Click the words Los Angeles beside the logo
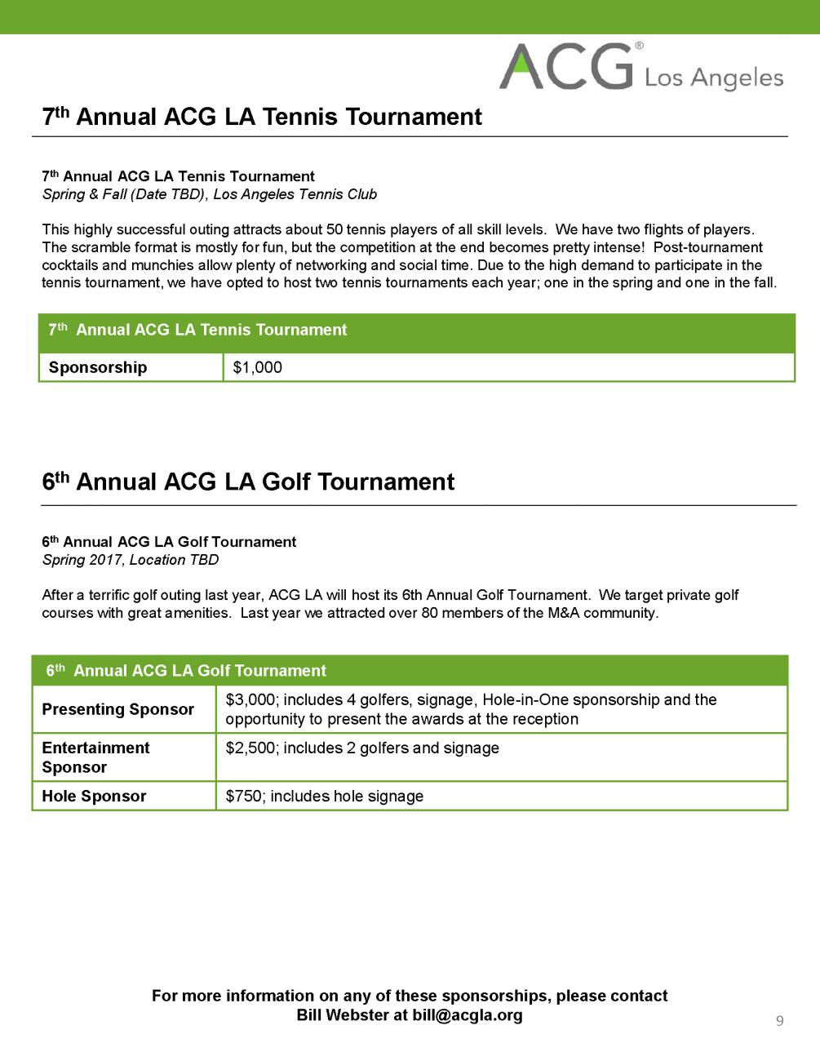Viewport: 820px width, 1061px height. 714,78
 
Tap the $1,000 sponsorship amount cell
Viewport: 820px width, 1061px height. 257,367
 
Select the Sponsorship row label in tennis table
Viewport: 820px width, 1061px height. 98,367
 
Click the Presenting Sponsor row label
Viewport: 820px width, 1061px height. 117,709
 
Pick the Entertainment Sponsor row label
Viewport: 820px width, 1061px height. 95,757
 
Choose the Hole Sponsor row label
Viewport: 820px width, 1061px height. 94,796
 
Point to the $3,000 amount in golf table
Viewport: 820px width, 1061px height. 250,699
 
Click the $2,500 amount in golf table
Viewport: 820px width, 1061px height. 250,748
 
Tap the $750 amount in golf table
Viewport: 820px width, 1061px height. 242,796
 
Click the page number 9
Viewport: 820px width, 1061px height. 780,1020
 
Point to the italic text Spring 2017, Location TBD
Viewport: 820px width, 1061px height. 130,560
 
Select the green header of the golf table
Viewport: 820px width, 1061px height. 410,671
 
